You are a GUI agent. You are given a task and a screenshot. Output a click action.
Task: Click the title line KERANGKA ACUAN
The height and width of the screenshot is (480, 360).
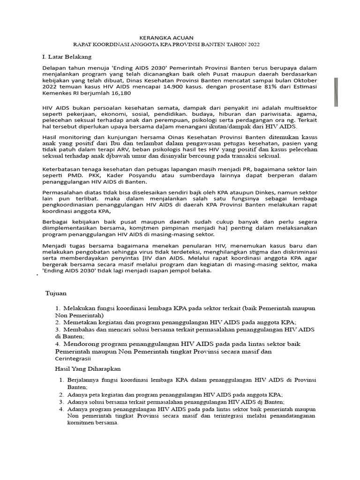(166, 37)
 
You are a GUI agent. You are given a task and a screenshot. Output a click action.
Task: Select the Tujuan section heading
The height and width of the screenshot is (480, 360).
(56, 293)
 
